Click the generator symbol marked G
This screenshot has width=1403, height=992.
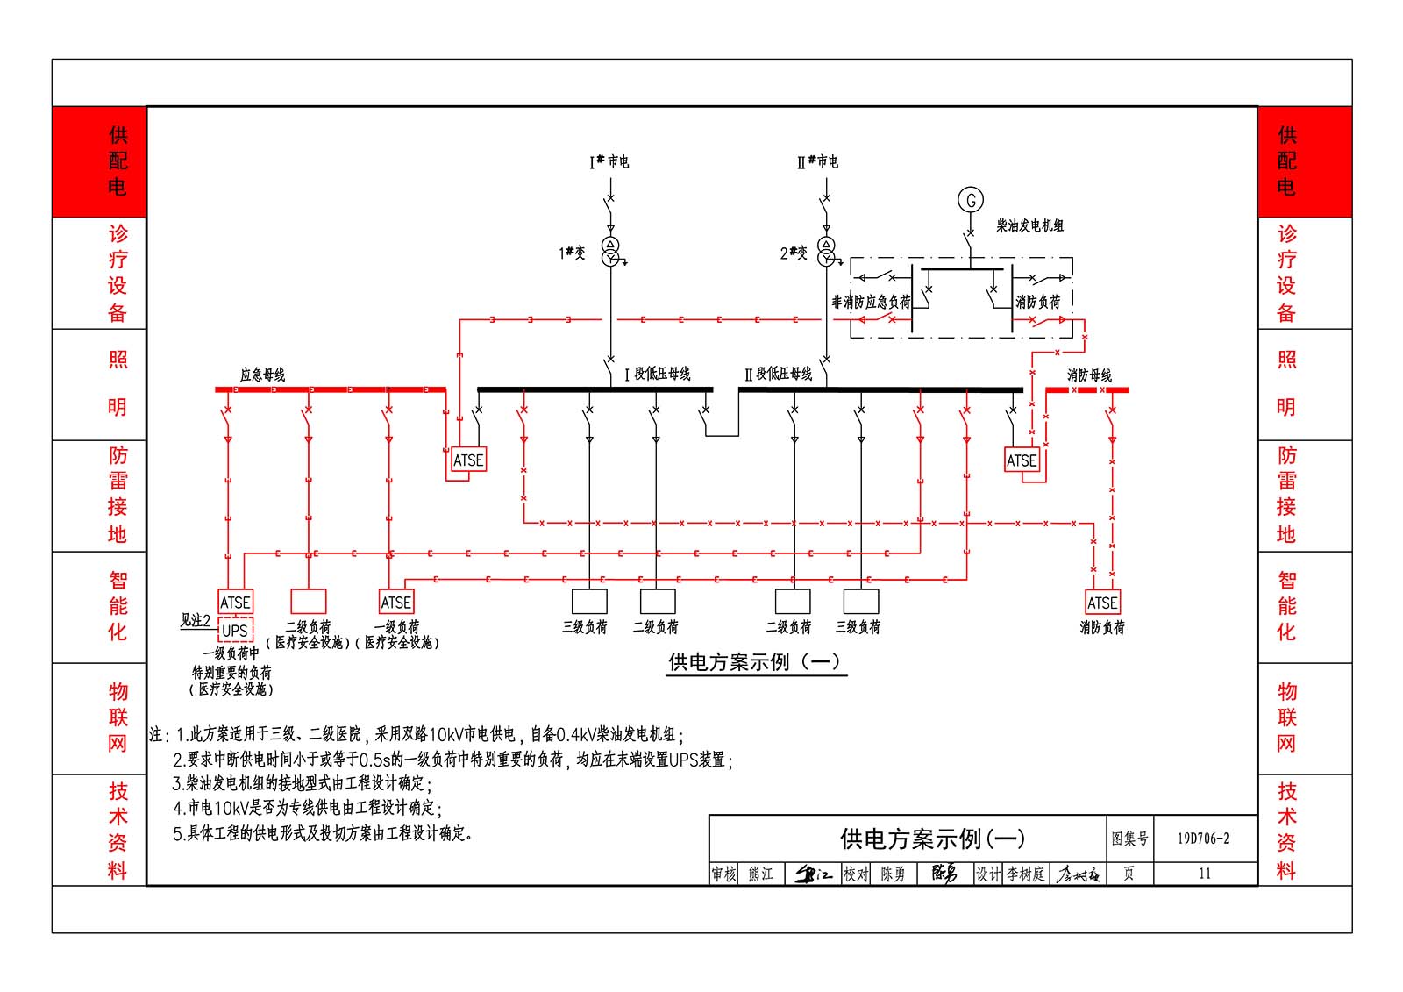pos(971,200)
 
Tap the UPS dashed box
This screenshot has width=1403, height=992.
pos(235,630)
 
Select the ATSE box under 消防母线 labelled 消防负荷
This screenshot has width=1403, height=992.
pos(1102,603)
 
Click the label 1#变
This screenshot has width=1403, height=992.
pos(572,253)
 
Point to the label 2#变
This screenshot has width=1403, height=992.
pos(794,253)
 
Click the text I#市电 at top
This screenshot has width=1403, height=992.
pos(609,161)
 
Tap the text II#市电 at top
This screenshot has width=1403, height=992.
pos(817,161)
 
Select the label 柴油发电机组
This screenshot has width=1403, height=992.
pos(1029,225)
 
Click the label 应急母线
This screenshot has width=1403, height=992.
pos(262,375)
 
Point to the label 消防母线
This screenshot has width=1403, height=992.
pos(1089,375)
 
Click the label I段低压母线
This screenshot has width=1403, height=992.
pos(657,374)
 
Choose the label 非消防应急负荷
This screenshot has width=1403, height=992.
pos(871,302)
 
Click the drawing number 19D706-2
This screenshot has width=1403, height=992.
pos(1203,839)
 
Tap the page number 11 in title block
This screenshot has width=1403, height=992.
pos(1204,874)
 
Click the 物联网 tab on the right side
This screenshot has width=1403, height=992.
pos(1286,717)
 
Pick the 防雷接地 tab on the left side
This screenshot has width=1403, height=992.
pos(118,495)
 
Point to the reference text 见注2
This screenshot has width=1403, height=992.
pos(196,620)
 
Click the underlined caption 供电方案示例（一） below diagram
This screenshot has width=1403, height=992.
pos(754,661)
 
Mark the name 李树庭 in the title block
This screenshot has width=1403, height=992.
pos(1025,874)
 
